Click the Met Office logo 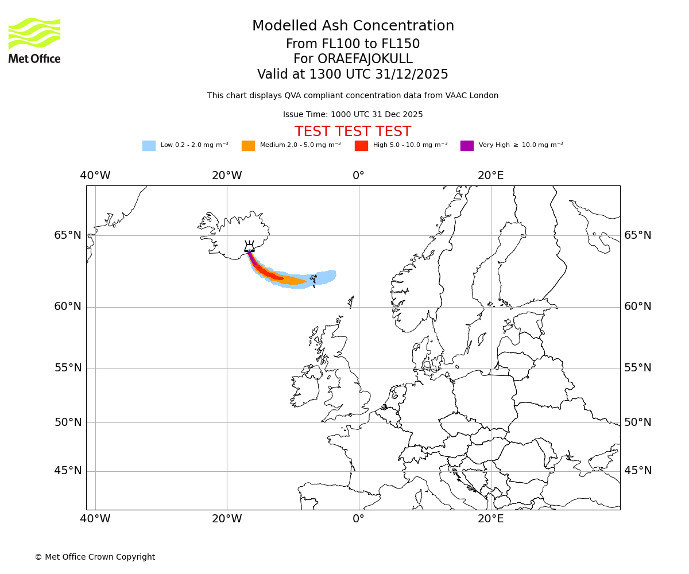point(34,40)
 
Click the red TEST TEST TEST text point(353,131)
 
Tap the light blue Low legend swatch point(149,146)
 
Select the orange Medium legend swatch point(248,146)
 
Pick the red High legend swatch point(361,146)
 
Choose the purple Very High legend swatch point(467,146)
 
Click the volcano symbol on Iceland point(249,247)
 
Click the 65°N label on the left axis point(68,235)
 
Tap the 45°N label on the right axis point(638,471)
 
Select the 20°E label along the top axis point(491,176)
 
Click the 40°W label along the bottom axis point(95,519)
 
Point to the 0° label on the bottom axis point(359,519)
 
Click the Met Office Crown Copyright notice point(95,557)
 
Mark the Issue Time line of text point(353,114)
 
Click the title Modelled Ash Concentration point(353,26)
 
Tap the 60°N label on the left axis point(68,307)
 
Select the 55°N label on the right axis point(638,368)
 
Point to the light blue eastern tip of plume point(331,276)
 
